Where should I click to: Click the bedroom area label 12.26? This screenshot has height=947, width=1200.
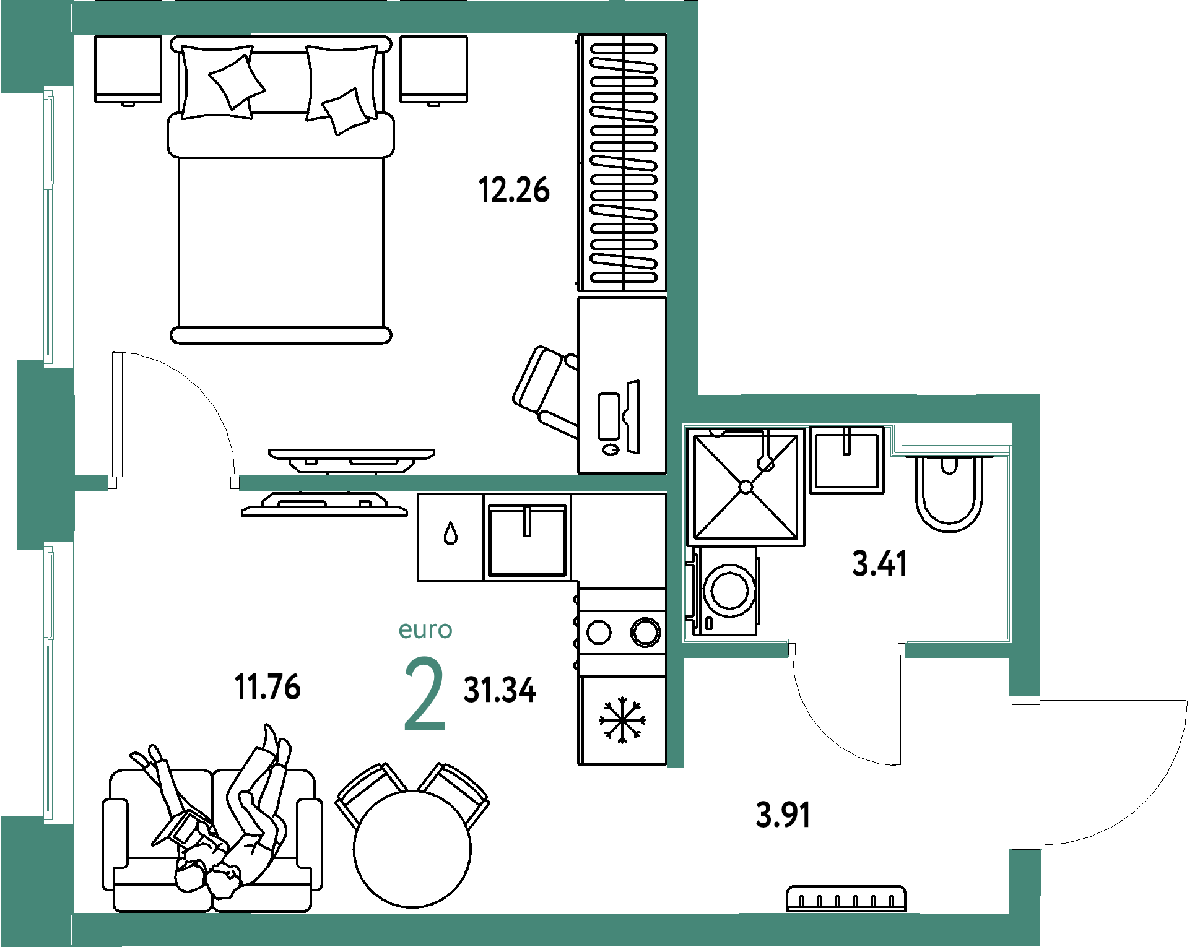coord(514,190)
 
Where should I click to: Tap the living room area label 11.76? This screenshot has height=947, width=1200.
coord(267,687)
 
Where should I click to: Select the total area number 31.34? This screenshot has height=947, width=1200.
coord(500,690)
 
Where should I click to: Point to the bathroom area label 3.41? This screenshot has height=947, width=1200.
coord(879,564)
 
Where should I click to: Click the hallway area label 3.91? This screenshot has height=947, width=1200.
coord(783,815)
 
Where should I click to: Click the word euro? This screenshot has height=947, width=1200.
coord(425,629)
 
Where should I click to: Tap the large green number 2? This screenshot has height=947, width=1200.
coord(425,694)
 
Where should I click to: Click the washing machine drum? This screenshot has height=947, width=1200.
coord(730,591)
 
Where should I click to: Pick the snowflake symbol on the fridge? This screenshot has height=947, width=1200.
coord(622,720)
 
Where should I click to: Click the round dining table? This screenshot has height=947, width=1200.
coord(412,849)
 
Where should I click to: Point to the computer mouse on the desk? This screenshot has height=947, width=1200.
coord(611,449)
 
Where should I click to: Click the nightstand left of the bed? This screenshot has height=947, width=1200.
coord(128,70)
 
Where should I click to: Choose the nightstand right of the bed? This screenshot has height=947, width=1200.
coord(433,70)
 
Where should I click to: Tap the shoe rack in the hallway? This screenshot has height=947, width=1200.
coord(846,899)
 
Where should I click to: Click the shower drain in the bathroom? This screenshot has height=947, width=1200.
coord(746,488)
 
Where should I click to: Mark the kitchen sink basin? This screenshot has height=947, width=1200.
coord(527,540)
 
